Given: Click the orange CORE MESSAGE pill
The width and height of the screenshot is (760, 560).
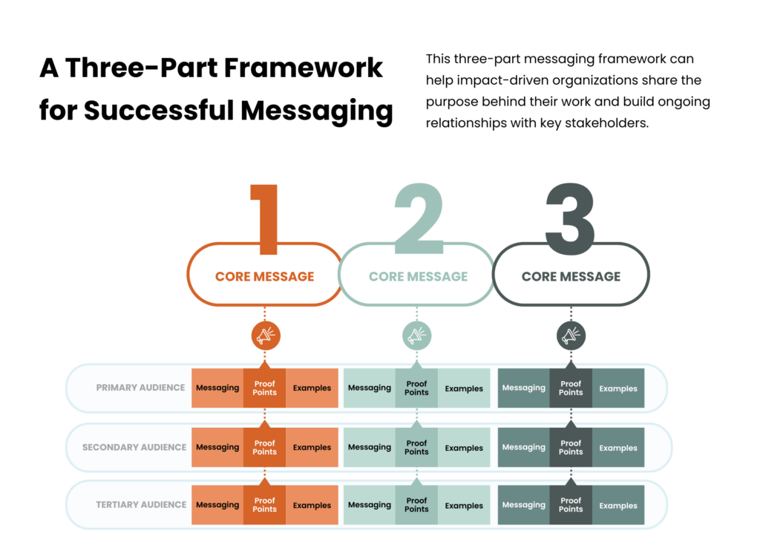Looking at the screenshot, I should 264,276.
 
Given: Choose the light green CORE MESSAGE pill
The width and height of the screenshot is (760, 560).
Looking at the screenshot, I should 418,276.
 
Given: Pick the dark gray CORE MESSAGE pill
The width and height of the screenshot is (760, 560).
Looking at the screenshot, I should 571,276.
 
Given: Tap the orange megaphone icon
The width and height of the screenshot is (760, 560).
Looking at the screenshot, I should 265,336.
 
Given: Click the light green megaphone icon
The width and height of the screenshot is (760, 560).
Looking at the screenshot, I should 416,336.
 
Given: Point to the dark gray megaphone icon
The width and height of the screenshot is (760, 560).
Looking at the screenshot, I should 571,336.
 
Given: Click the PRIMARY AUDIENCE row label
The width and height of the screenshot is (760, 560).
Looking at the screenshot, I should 140,388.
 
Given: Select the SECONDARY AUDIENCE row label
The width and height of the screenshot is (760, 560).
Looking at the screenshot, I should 134,447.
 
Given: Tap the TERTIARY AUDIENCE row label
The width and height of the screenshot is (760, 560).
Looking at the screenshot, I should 141,504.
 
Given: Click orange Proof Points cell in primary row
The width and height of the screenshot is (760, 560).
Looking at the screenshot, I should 264,388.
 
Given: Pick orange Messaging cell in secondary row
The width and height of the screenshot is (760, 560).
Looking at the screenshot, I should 217,447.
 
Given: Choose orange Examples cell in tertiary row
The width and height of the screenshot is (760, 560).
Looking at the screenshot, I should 312,505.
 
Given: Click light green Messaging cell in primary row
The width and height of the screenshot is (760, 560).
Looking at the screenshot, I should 369,388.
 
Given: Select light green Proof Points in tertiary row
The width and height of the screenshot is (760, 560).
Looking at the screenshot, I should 416,505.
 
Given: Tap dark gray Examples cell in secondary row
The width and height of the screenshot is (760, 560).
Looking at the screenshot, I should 618,448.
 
